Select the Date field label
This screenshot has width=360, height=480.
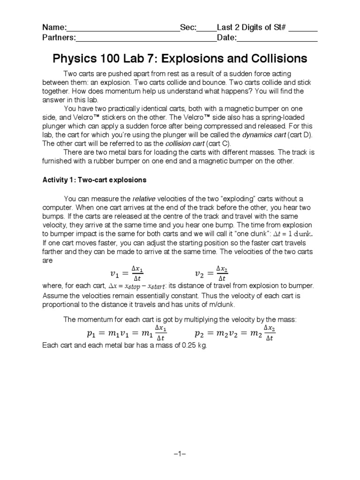tap(227, 38)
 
